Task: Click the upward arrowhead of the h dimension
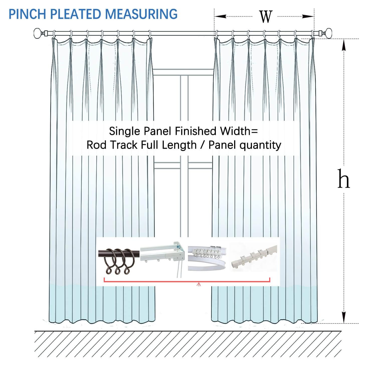pos(344,45)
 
